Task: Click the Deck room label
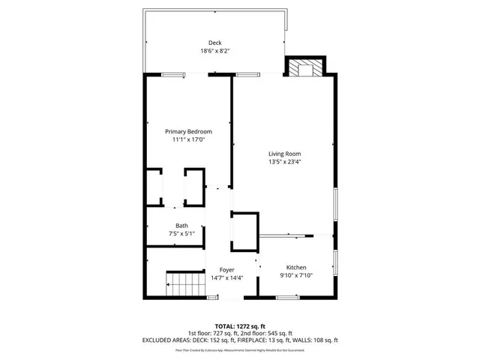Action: (214, 43)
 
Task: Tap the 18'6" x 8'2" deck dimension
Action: (214, 51)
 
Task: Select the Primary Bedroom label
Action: (188, 131)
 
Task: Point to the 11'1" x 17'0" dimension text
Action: (188, 139)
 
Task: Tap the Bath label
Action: (182, 226)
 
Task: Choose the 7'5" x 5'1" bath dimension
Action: (182, 234)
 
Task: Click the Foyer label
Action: (226, 269)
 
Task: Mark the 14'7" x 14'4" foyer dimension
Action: (226, 277)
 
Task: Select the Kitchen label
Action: (296, 268)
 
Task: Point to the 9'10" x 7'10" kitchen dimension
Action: (296, 276)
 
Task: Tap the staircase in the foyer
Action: (184, 286)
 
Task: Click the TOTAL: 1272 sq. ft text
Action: (239, 326)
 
